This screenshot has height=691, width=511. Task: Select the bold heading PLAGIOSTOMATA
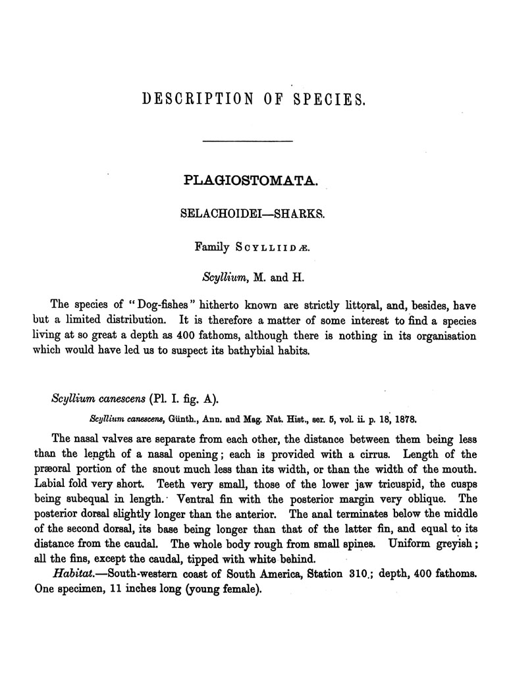tap(252, 180)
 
